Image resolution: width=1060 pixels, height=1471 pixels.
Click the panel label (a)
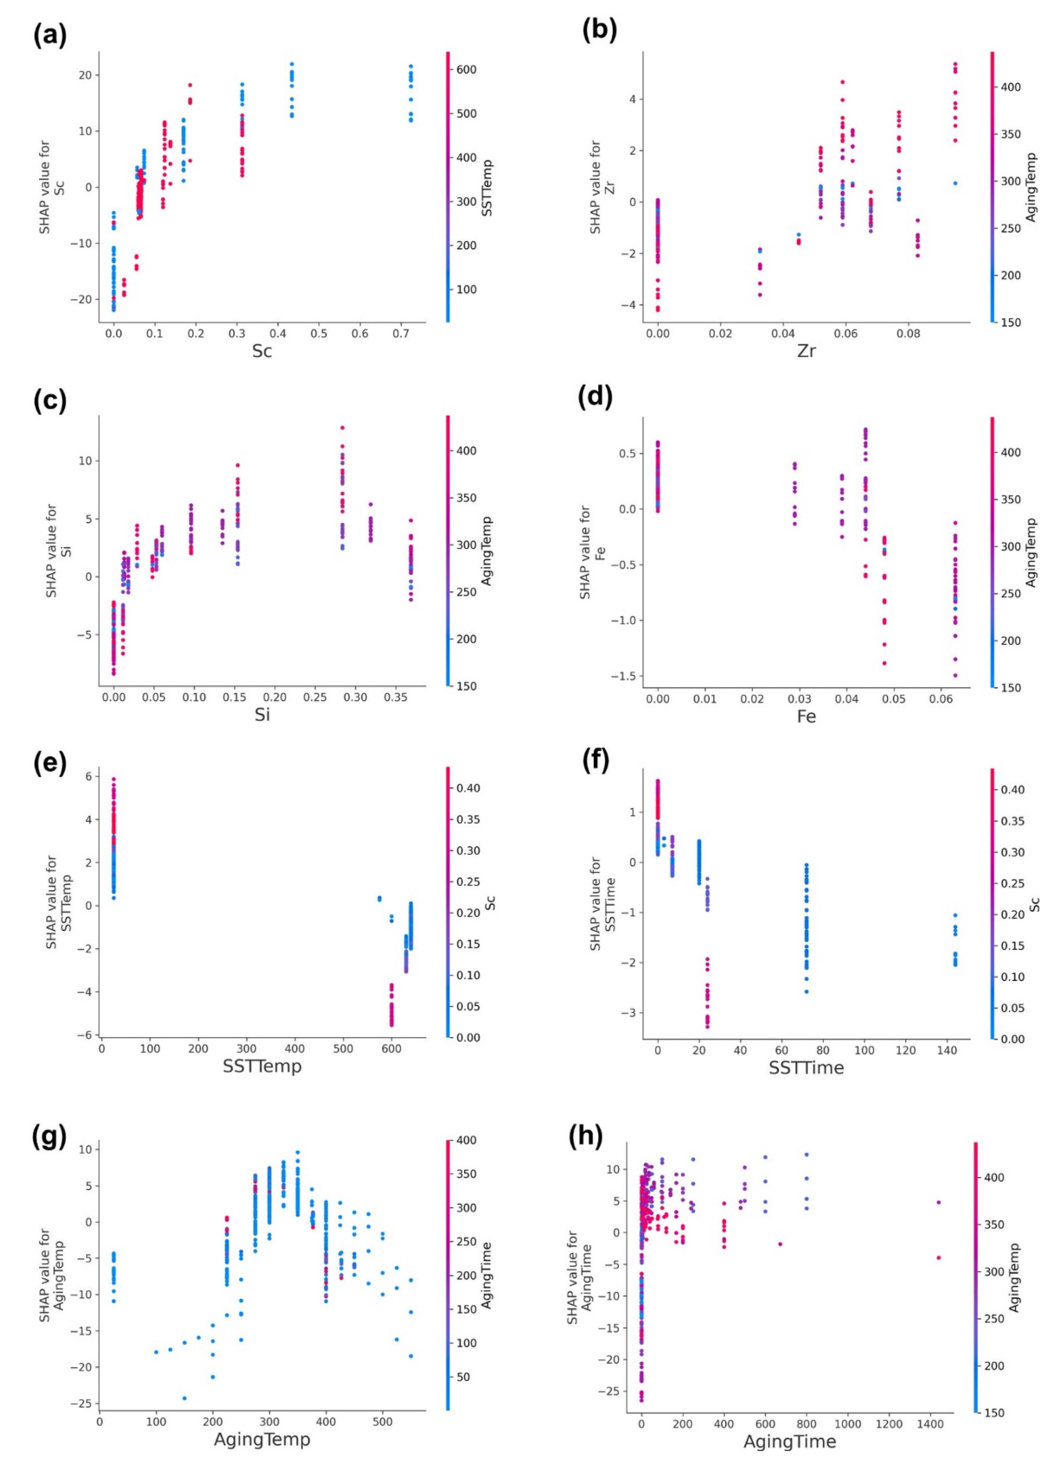coord(49,35)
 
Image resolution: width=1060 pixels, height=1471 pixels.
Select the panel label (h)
coord(585,1136)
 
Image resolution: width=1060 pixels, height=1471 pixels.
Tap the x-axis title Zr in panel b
coord(806,351)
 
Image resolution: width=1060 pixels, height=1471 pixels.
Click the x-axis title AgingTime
coord(789,1442)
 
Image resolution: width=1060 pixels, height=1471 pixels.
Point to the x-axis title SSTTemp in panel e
coord(262,1066)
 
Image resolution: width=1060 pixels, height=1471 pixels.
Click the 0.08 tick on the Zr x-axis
coord(908,334)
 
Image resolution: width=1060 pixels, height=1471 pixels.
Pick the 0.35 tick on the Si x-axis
coord(396,697)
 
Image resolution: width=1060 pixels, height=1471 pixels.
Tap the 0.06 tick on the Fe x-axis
coord(941,698)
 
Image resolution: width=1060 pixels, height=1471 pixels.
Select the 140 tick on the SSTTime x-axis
coord(947,1050)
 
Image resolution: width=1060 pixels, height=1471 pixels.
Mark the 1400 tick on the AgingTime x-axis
coord(930,1423)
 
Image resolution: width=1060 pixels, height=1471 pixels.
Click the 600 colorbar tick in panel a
coord(467,69)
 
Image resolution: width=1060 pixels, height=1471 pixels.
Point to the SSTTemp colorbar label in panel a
coord(487,188)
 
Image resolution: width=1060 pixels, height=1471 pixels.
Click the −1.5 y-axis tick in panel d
coord(620,676)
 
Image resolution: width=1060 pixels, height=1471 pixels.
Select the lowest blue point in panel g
coord(184,1398)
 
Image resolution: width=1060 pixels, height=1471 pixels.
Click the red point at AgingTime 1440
coord(938,1258)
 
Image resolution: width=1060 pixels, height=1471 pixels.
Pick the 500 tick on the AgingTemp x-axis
coord(382,1422)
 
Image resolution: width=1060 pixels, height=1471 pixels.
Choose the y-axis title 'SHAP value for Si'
coord(58,551)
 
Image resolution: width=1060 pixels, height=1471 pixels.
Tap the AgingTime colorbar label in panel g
coord(487,1275)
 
